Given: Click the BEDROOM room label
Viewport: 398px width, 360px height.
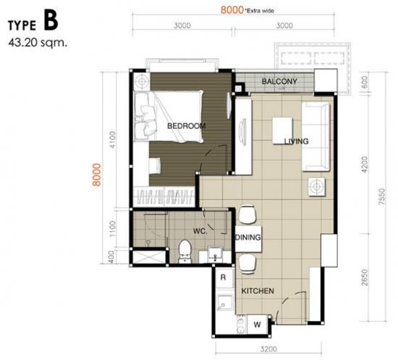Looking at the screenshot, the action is [187, 126].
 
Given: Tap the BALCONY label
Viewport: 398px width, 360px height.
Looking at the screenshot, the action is [279, 82].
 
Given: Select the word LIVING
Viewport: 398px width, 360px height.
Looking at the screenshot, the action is [296, 141].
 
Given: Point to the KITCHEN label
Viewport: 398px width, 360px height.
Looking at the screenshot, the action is [258, 291].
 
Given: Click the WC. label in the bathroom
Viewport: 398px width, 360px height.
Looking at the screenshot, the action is [200, 231].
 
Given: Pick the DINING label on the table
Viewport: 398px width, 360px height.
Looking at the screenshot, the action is [248, 238].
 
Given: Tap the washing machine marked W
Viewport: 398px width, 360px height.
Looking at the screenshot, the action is [257, 325].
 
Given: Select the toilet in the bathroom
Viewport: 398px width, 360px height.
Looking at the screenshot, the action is [185, 251].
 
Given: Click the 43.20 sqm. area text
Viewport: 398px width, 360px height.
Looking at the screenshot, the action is [38, 43].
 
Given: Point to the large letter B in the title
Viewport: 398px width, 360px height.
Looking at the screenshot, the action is [51, 20].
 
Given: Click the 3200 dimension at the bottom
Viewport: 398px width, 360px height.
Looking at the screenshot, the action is [268, 349].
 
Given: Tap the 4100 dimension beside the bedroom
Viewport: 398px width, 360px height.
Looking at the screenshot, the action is [112, 140].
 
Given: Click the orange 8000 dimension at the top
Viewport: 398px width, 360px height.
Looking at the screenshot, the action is [232, 10].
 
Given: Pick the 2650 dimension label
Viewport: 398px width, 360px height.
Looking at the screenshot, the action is [364, 277].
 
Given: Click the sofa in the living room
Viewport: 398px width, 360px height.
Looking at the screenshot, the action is [316, 137].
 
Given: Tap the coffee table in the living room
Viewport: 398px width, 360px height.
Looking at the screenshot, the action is [282, 130].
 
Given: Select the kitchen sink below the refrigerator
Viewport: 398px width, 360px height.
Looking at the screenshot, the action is [224, 304].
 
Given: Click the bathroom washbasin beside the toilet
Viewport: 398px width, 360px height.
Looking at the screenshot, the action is [215, 254].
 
